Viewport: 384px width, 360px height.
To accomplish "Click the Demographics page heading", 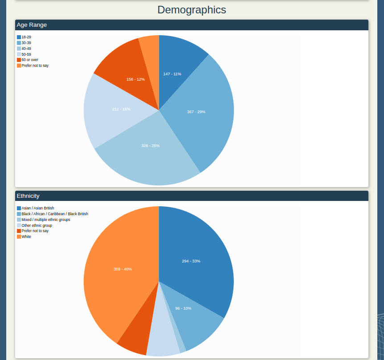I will tap(192, 10).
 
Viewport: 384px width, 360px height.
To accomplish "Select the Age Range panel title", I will tap(32, 25).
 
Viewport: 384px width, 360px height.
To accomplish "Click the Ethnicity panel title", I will tap(28, 196).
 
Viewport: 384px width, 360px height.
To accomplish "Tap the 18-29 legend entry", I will tap(26, 37).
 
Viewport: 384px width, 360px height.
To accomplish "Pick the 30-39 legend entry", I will tap(26, 43).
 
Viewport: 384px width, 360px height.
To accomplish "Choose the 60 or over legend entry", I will tap(29, 60).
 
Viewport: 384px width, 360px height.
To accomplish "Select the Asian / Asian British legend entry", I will tap(37, 208).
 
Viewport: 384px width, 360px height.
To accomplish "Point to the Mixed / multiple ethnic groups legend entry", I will tap(45, 220).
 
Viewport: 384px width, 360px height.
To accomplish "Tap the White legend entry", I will tap(26, 237).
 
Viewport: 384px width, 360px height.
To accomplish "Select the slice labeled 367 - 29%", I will tap(200, 111).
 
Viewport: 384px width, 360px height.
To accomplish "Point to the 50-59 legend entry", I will tap(26, 54).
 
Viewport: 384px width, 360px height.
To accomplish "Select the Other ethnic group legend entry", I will tap(37, 225).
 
